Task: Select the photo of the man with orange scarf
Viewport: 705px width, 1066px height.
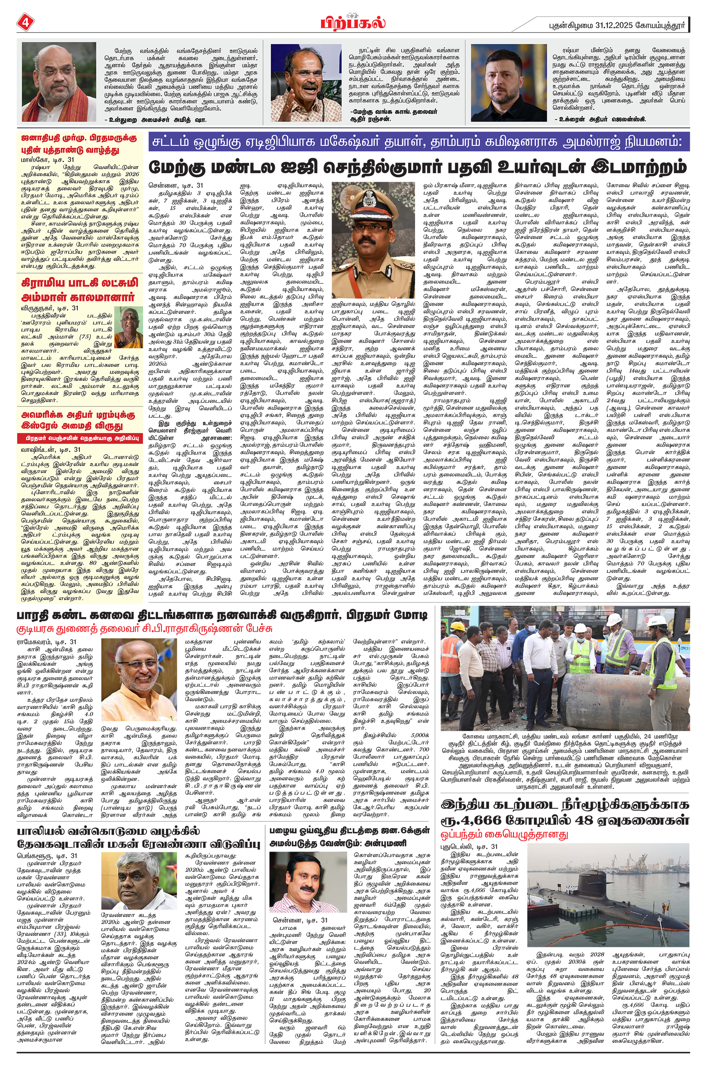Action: [59, 82]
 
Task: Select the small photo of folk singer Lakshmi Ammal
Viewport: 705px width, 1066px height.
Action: [128, 327]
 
